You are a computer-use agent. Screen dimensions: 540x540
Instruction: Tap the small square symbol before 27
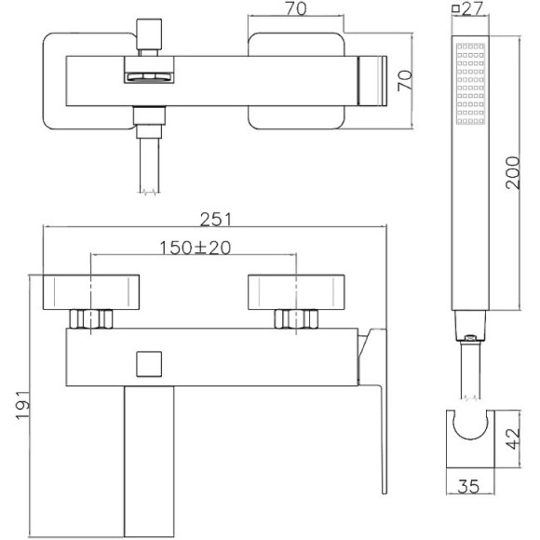[x=455, y=10]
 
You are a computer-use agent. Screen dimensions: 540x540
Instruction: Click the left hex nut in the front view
[x=91, y=318]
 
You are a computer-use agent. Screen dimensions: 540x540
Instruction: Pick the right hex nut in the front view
[x=295, y=318]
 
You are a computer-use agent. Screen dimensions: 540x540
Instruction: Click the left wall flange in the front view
[x=91, y=290]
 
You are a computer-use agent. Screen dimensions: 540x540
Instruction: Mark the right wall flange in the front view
[x=295, y=290]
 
